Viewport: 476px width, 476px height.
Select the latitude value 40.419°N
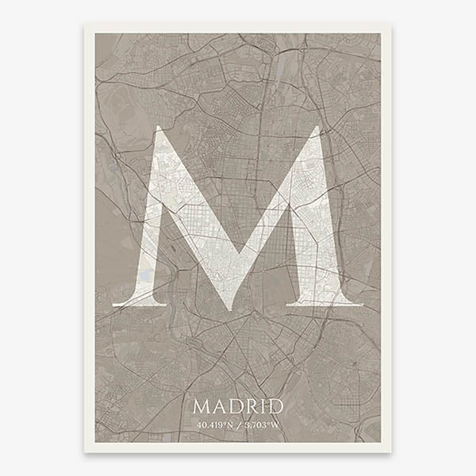pyautogui.click(x=215, y=424)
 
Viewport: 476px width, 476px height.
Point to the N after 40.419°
pyautogui.click(x=230, y=424)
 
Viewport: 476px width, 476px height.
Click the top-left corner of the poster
pyautogui.click(x=86, y=25)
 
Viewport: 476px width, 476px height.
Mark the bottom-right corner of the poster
pyautogui.click(x=390, y=451)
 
